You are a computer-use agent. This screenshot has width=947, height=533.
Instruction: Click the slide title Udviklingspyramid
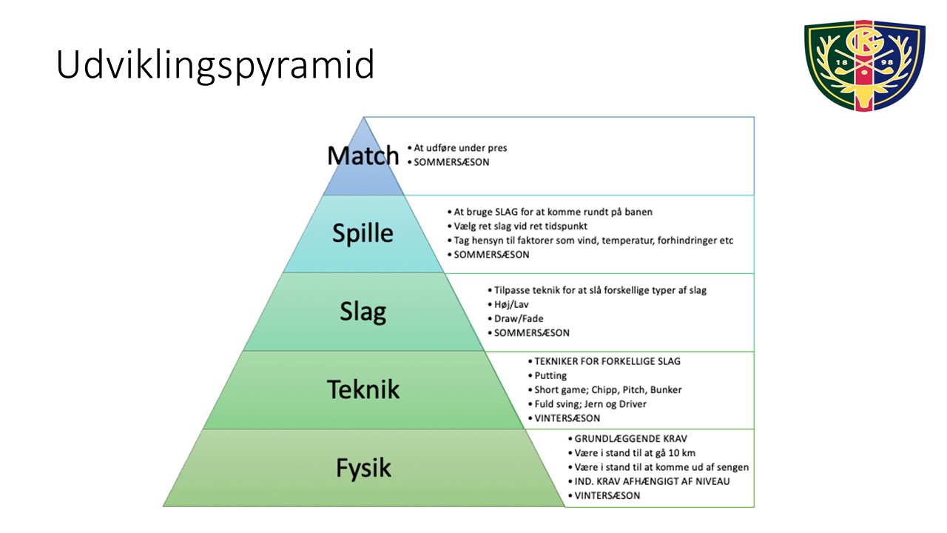215,65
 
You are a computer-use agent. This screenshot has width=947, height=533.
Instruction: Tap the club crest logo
865,66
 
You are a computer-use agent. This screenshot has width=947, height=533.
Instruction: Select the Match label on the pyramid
363,155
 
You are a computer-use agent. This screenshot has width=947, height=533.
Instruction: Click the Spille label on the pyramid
363,233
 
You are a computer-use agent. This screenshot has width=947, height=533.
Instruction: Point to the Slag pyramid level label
363,312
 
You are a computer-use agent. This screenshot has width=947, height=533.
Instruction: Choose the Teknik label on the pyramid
363,389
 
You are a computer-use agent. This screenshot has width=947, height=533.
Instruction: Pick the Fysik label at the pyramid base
363,468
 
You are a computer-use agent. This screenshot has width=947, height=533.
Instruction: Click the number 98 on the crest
887,62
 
